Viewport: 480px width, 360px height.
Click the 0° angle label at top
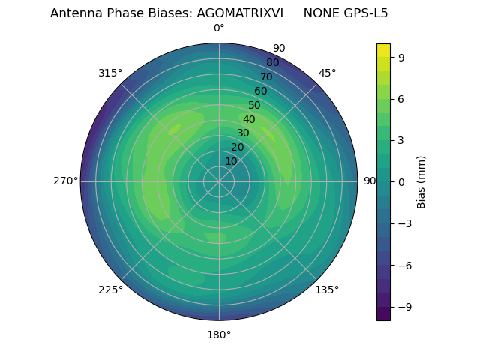click(x=219, y=28)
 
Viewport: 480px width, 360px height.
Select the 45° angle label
click(x=327, y=73)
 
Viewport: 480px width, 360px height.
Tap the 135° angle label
click(x=327, y=289)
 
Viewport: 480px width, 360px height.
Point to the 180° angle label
click(x=219, y=334)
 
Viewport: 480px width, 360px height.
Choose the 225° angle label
click(x=110, y=289)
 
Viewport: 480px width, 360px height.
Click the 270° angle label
click(x=65, y=181)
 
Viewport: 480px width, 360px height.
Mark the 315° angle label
click(x=110, y=73)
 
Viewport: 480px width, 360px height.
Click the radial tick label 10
click(x=231, y=161)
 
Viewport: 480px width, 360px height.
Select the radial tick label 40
click(x=249, y=119)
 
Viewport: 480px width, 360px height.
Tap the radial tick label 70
click(x=266, y=76)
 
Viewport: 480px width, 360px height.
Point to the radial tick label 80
click(x=272, y=62)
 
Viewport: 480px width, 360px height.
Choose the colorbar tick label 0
click(x=402, y=181)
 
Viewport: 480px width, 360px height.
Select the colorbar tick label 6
click(x=402, y=98)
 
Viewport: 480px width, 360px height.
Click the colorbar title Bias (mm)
click(x=421, y=181)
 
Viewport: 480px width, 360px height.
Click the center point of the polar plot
click(x=219, y=181)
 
